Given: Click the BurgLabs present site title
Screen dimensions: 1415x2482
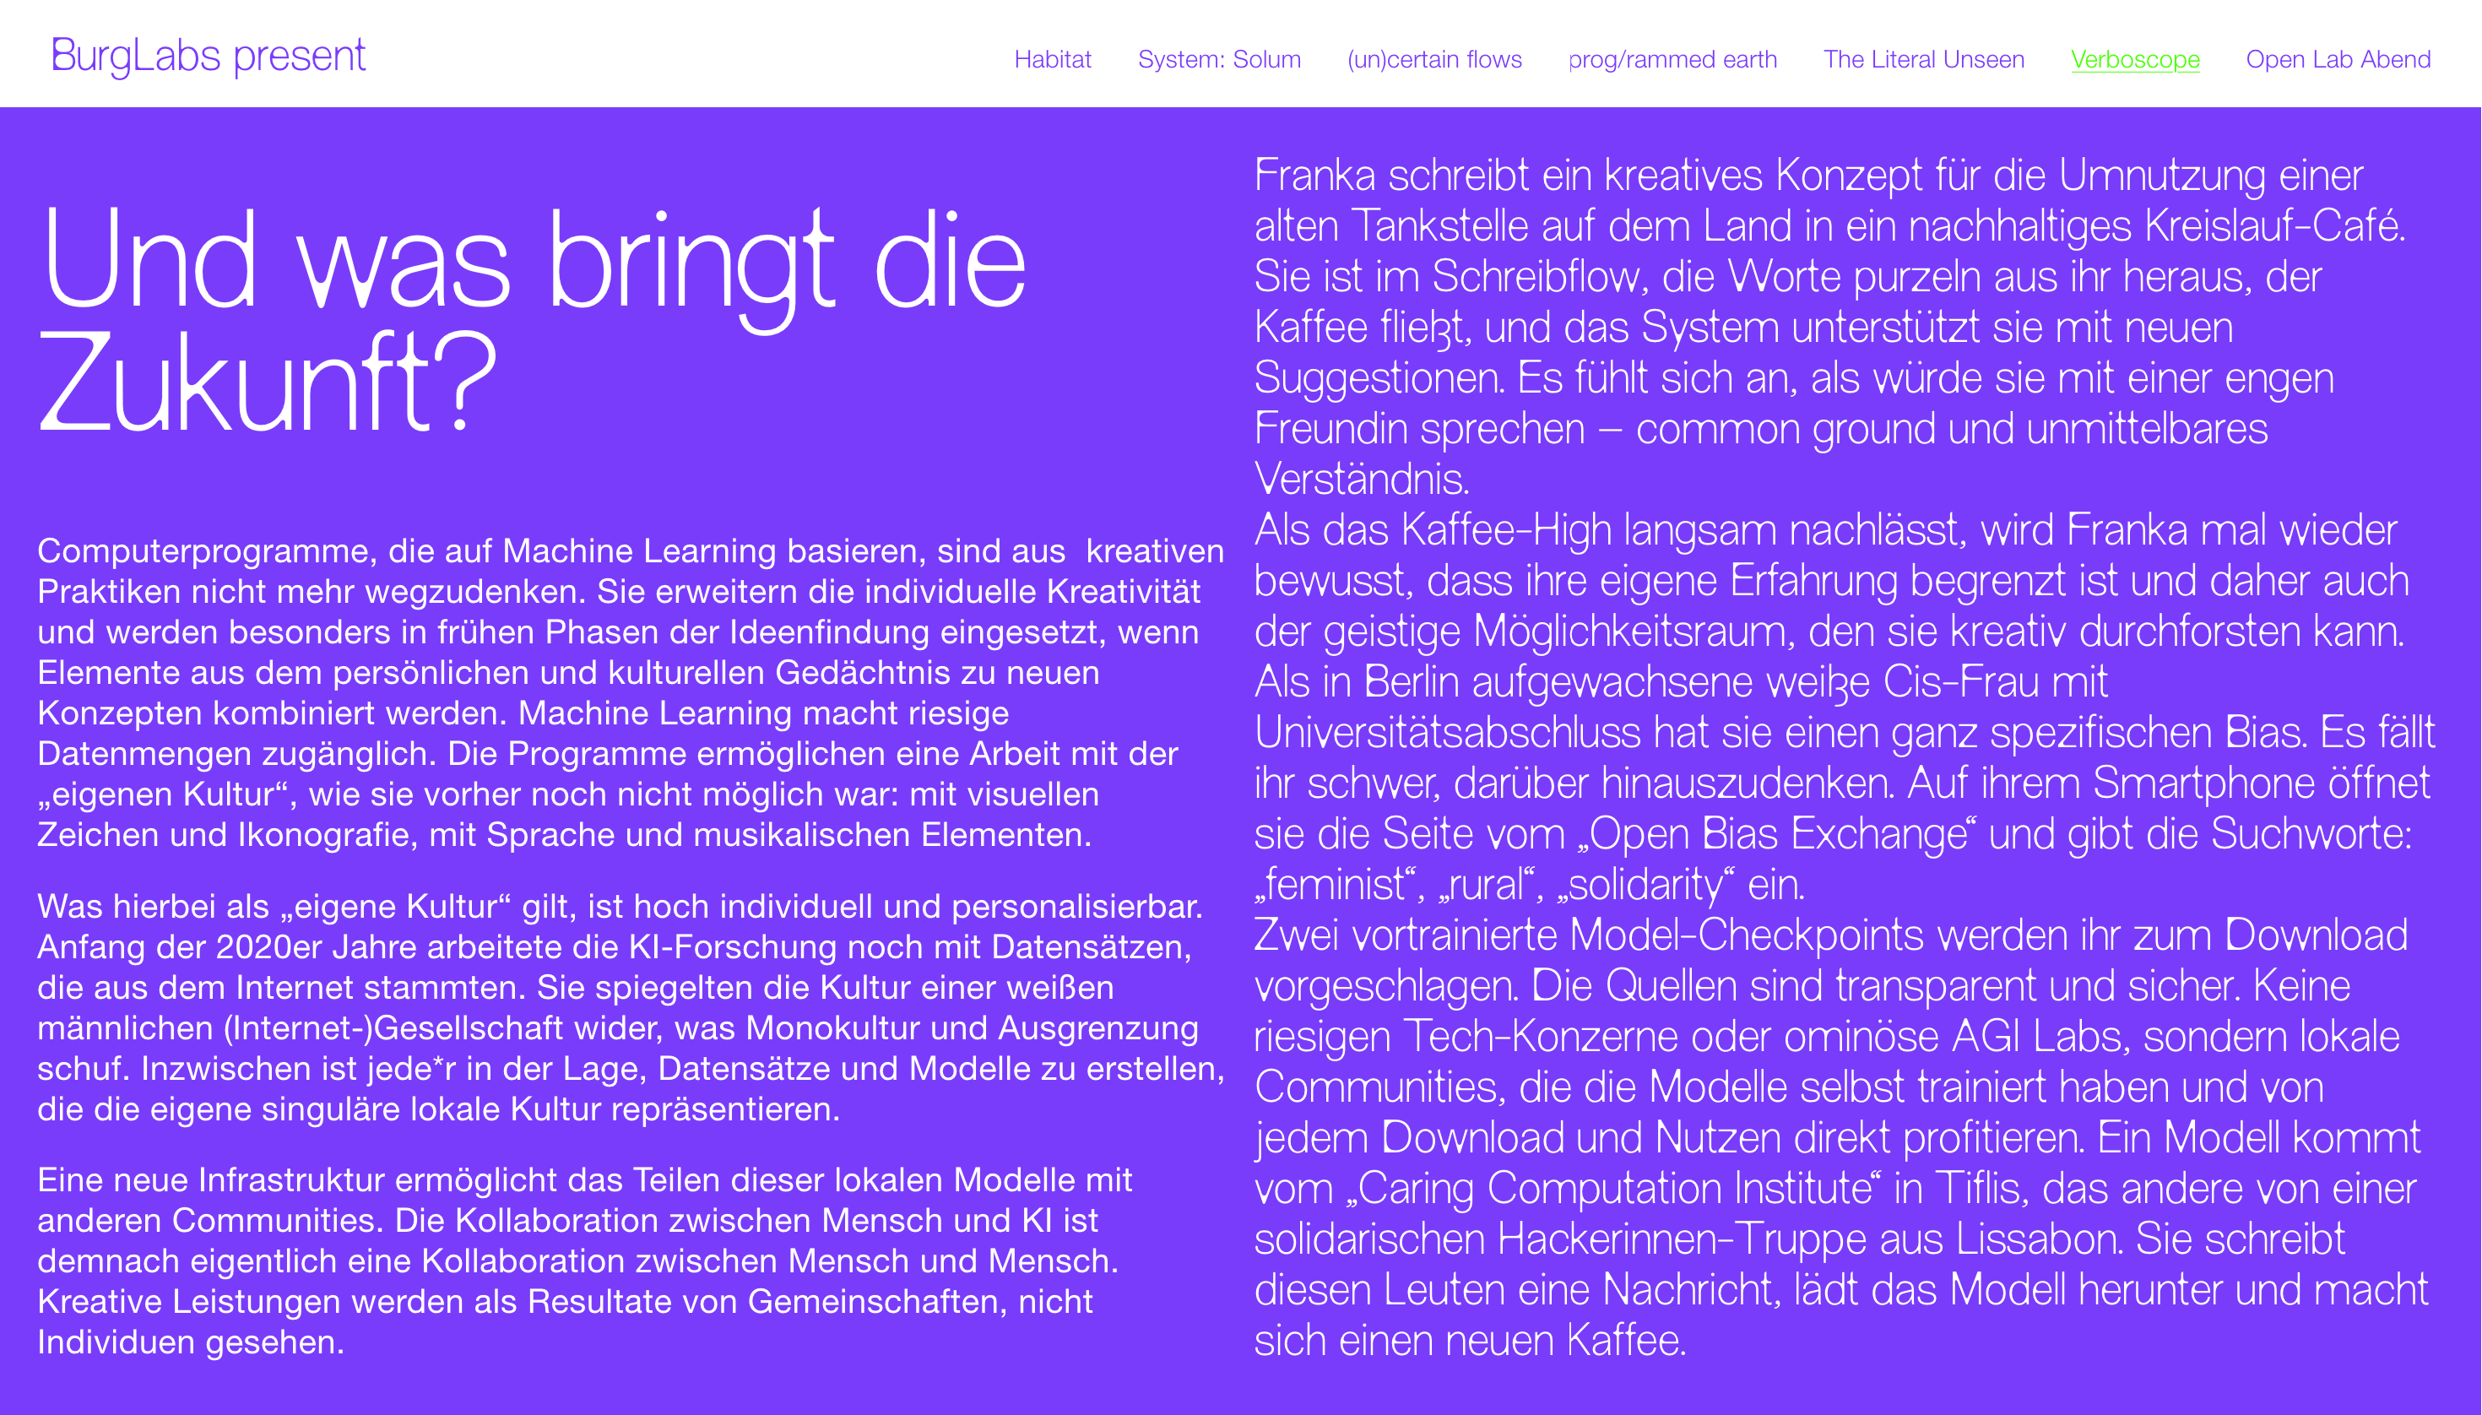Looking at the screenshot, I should click(208, 57).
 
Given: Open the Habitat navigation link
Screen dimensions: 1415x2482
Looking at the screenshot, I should click(1053, 59).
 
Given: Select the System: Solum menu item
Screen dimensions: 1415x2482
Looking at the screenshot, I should click(1219, 59).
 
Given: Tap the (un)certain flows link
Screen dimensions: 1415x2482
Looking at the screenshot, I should click(1434, 59).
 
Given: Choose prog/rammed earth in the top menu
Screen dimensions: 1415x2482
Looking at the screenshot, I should click(1672, 59).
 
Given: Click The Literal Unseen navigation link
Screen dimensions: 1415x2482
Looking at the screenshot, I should click(1923, 59).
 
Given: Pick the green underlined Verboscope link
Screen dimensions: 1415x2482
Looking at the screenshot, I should click(2135, 59).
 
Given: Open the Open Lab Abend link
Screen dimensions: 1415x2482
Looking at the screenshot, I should click(2337, 59).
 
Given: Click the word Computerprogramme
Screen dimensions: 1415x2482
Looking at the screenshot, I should click(204, 551).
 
